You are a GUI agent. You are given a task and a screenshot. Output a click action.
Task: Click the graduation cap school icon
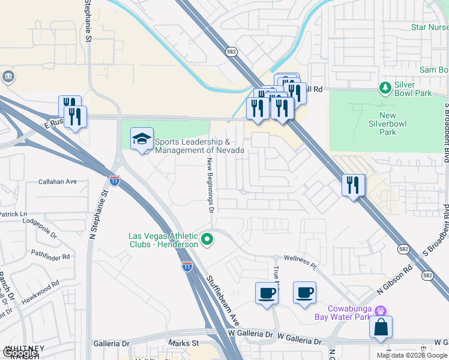pos(142,139)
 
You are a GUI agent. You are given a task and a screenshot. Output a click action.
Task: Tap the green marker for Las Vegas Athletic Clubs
pos(208,240)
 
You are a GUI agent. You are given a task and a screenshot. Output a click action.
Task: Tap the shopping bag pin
pos(381,327)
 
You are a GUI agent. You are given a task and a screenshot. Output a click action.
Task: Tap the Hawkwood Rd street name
pos(38,286)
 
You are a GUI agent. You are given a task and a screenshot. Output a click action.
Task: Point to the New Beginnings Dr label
pos(211,185)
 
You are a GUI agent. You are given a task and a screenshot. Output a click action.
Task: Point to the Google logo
pos(20,353)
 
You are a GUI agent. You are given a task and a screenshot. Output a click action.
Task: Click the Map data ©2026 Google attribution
pos(411,355)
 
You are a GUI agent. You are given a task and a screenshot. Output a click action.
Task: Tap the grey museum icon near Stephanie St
pos(9,77)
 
